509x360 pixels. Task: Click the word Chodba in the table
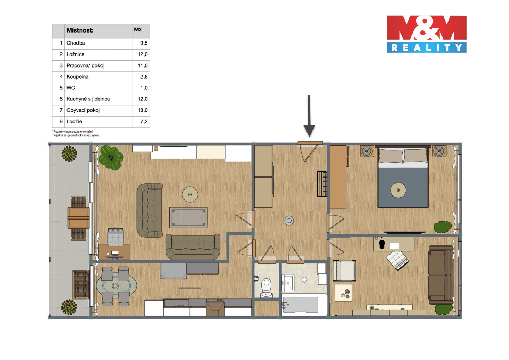(76, 43)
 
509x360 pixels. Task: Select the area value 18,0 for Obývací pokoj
(142, 110)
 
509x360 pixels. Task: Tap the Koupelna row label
(77, 77)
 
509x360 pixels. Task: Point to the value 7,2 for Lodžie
(144, 121)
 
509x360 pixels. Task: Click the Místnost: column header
(80, 30)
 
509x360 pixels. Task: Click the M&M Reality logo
(427, 34)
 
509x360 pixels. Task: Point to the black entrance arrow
(309, 116)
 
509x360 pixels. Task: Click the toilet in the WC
(266, 288)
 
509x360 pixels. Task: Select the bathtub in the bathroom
(300, 304)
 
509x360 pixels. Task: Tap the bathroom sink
(288, 283)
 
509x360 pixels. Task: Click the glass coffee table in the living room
(188, 217)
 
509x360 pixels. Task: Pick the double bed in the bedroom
(403, 177)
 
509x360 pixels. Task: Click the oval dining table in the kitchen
(117, 286)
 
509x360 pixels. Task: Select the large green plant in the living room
(111, 157)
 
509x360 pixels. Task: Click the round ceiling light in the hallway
(289, 220)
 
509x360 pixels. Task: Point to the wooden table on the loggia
(78, 218)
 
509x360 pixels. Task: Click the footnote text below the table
(76, 133)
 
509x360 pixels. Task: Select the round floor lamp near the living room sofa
(190, 194)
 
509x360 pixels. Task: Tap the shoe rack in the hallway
(322, 184)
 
